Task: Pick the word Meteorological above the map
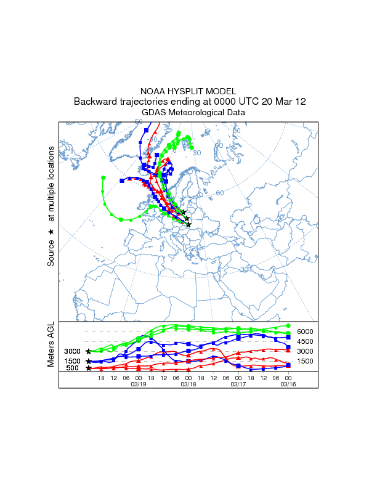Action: pyautogui.click(x=194, y=113)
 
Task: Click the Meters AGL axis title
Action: pyautogui.click(x=51, y=344)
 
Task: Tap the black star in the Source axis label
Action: pyautogui.click(x=51, y=232)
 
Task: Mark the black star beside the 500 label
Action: pyautogui.click(x=89, y=368)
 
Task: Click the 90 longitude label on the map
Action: pyautogui.click(x=237, y=131)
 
